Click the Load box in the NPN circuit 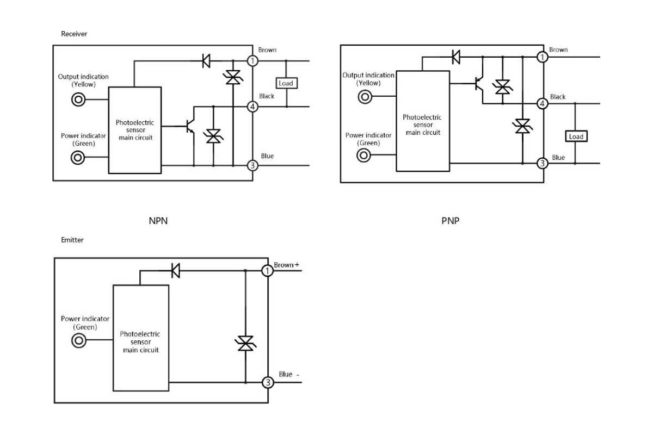[287, 83]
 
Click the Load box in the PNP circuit [576, 136]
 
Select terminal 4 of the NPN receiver [252, 107]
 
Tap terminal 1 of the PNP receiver [542, 57]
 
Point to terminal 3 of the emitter [268, 382]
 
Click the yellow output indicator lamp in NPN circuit [78, 100]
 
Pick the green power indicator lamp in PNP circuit [364, 156]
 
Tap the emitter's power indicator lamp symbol [79, 340]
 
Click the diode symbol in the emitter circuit [175, 271]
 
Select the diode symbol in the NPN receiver [206, 61]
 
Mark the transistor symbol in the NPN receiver [190, 127]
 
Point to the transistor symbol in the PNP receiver [479, 84]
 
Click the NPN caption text [158, 221]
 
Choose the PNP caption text [450, 221]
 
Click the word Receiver [74, 34]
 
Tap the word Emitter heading [72, 240]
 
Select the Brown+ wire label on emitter [286, 265]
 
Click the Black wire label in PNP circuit [558, 97]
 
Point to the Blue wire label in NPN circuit [267, 156]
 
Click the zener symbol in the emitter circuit [245, 343]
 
